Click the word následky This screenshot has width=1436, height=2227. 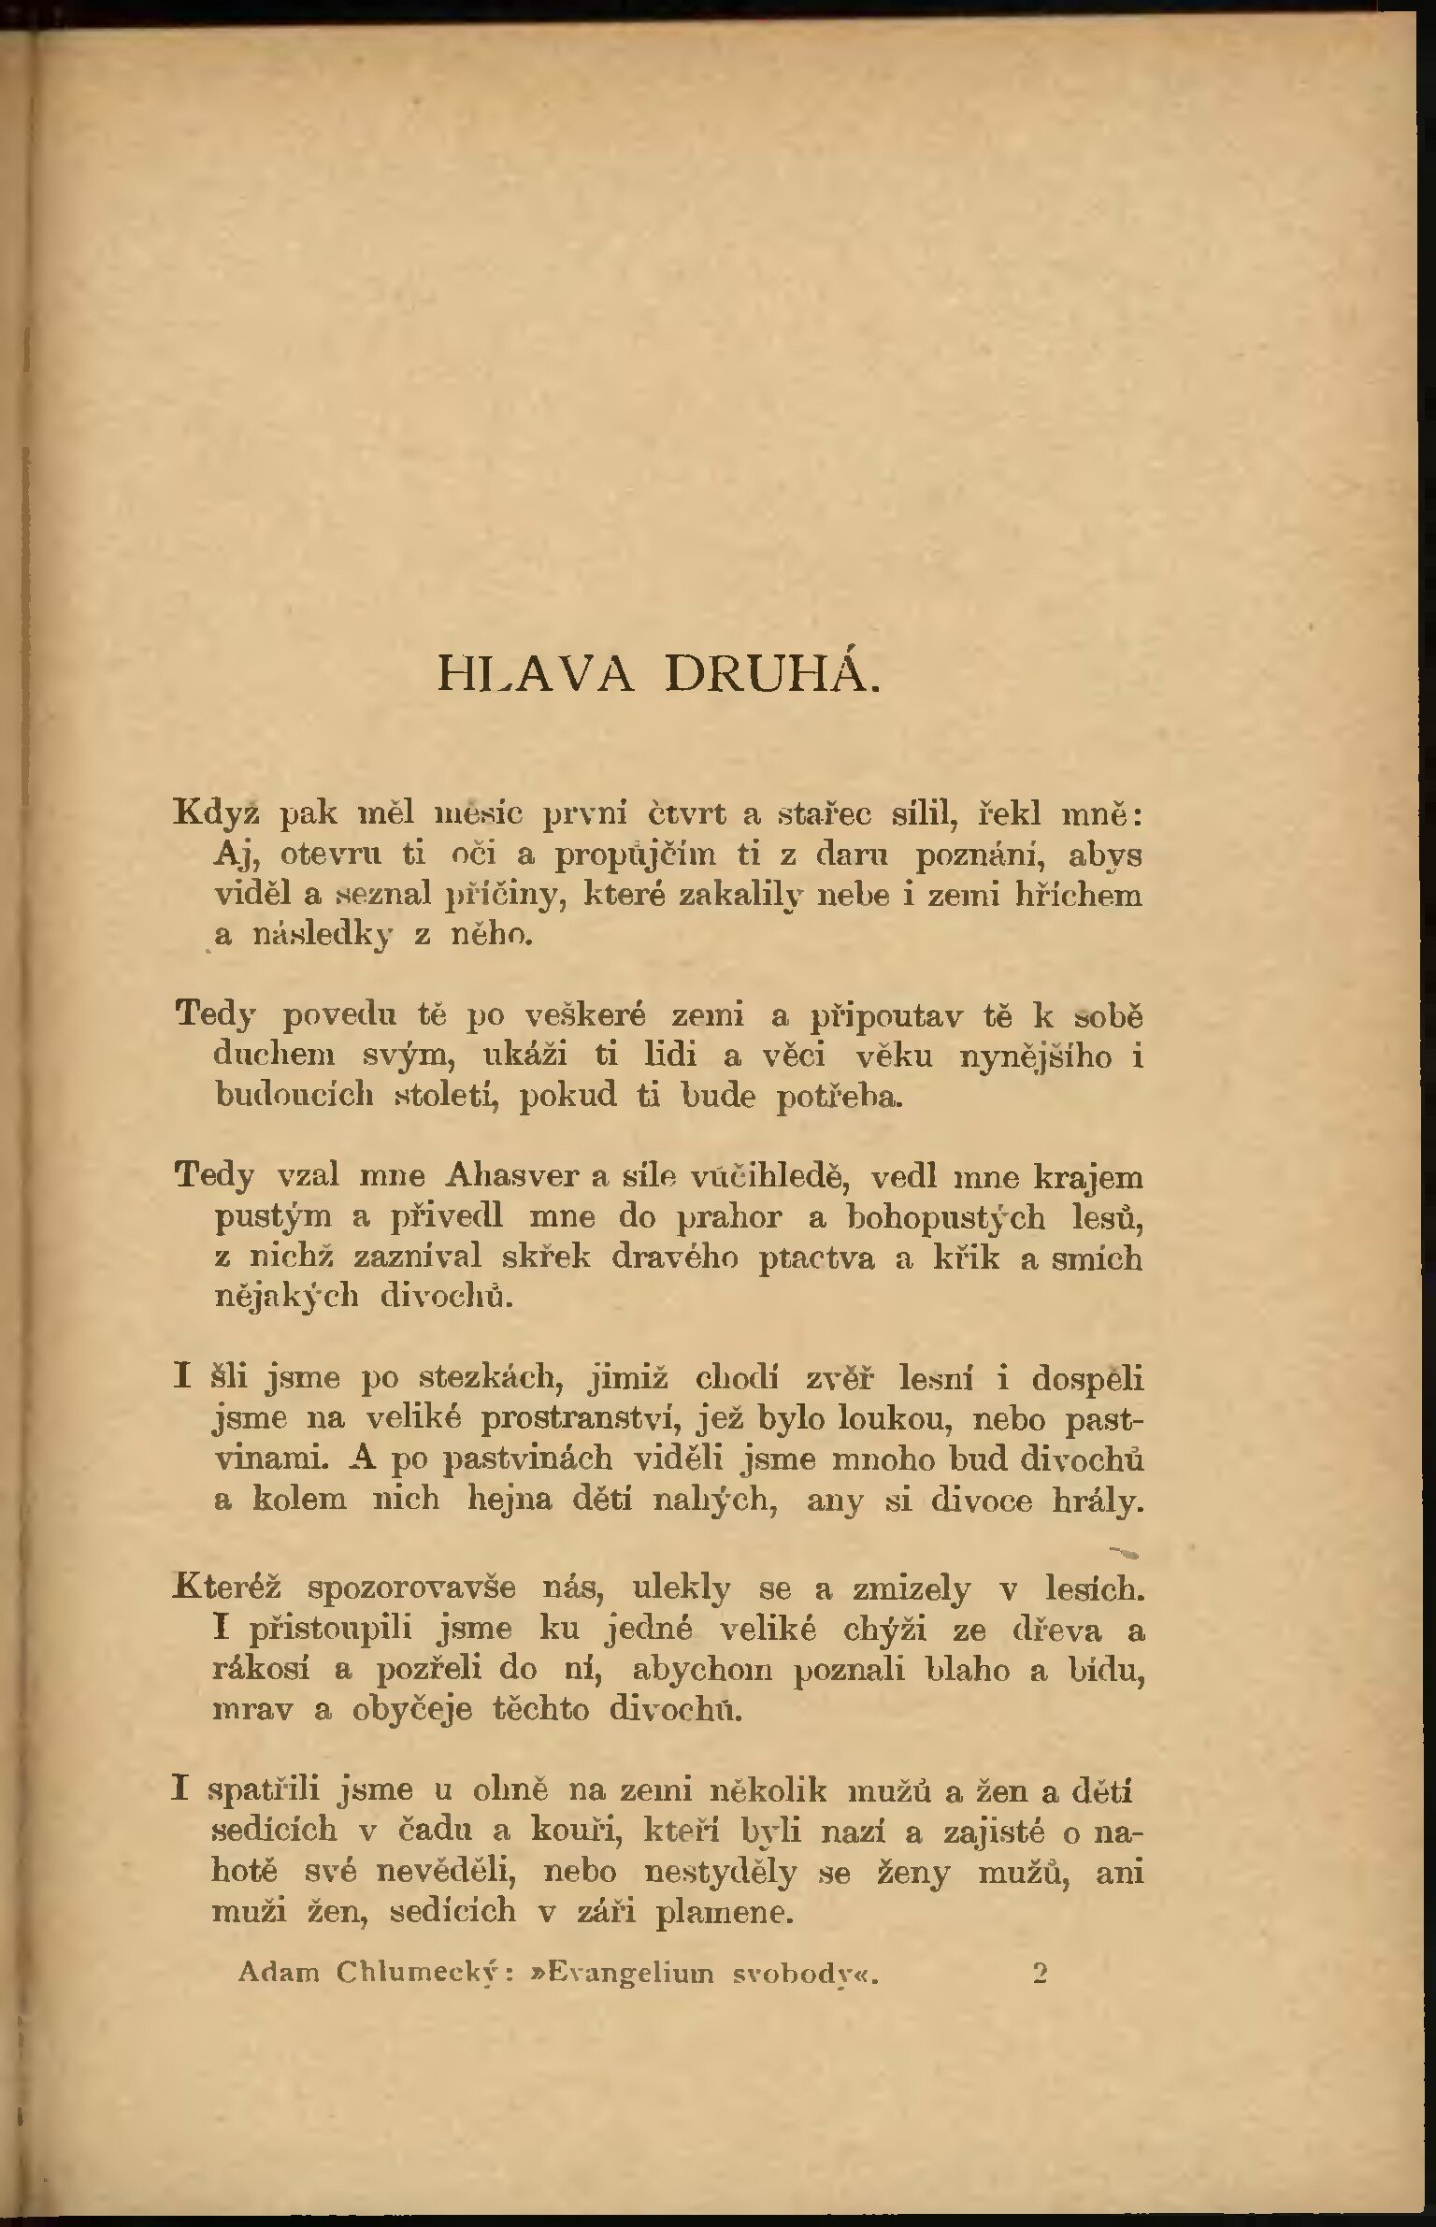coord(323,936)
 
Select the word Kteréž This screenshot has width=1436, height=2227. coord(228,1588)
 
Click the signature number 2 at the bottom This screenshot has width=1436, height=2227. coord(1040,1973)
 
